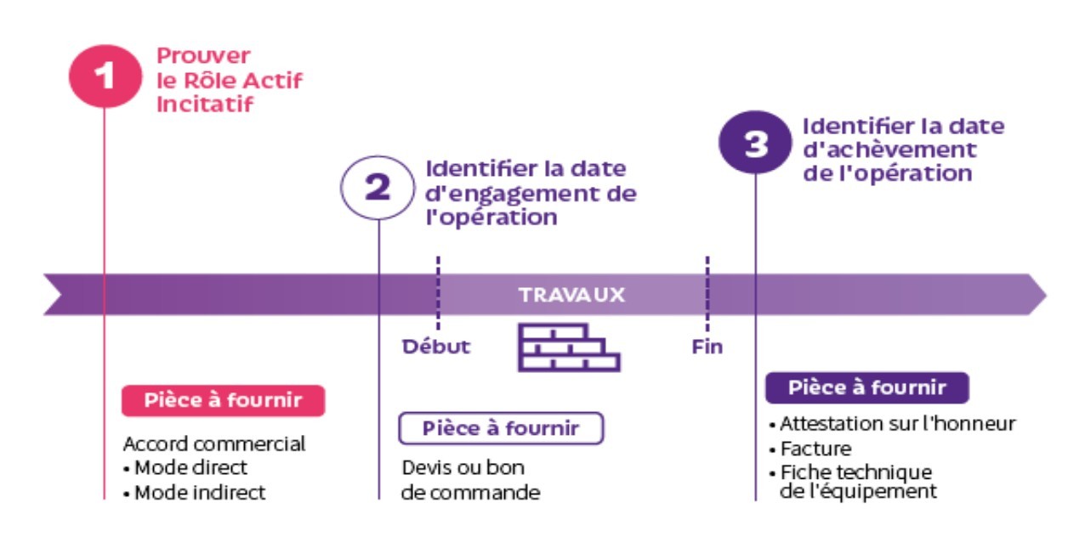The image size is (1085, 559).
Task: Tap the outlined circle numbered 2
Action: pyautogui.click(x=377, y=189)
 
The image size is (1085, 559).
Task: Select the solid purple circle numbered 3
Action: pyautogui.click(x=755, y=144)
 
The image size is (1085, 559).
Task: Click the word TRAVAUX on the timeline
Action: pyautogui.click(x=571, y=296)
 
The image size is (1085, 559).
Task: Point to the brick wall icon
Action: pyautogui.click(x=568, y=347)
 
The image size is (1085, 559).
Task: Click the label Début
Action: pyautogui.click(x=436, y=347)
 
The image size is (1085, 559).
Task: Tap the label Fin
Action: pyautogui.click(x=707, y=347)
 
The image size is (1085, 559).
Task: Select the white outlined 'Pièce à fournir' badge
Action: pyautogui.click(x=501, y=428)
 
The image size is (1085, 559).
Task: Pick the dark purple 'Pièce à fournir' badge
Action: pyautogui.click(x=866, y=387)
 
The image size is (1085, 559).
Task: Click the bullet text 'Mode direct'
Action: pyautogui.click(x=190, y=467)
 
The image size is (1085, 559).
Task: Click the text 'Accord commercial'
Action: pyautogui.click(x=213, y=443)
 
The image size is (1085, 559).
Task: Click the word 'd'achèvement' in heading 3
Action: pyautogui.click(x=889, y=150)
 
